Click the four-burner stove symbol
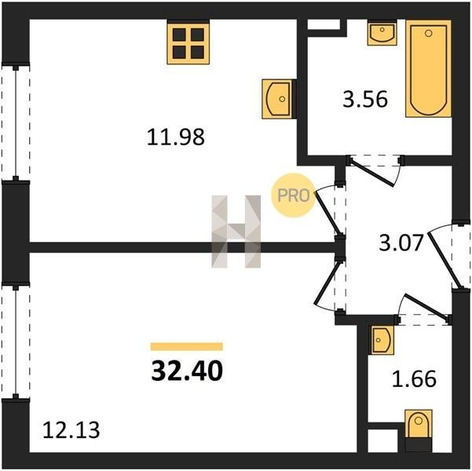pyautogui.click(x=188, y=43)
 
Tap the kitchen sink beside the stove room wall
pyautogui.click(x=277, y=99)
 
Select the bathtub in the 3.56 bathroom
pyautogui.click(x=428, y=68)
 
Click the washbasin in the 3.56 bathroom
pyautogui.click(x=382, y=33)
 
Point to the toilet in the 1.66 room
pyautogui.click(x=419, y=430)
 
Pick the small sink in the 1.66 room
pyautogui.click(x=382, y=340)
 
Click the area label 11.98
pyautogui.click(x=176, y=137)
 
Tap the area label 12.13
pyautogui.click(x=71, y=429)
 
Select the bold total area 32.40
pyautogui.click(x=187, y=371)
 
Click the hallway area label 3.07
pyautogui.click(x=401, y=243)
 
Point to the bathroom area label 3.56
pyautogui.click(x=365, y=100)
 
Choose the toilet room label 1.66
pyautogui.click(x=414, y=378)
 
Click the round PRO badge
pyautogui.click(x=294, y=195)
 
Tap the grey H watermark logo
pyautogui.click(x=236, y=232)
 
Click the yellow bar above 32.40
pyautogui.click(x=187, y=346)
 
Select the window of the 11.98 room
pyautogui.click(x=16, y=122)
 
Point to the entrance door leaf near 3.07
pyautogui.click(x=445, y=261)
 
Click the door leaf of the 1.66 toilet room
pyautogui.click(x=427, y=306)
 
